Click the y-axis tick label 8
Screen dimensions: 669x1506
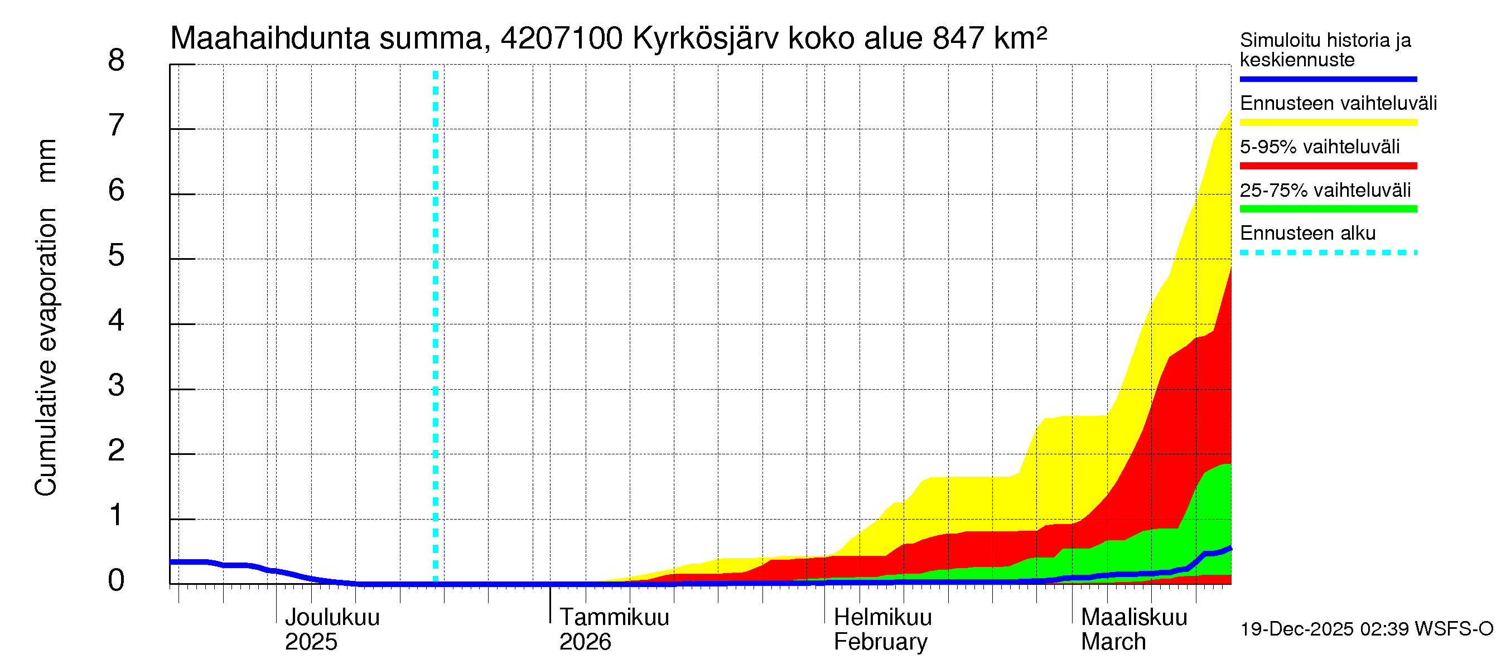[117, 61]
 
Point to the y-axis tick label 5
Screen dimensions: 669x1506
[117, 256]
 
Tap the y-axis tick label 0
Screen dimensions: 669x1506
[117, 581]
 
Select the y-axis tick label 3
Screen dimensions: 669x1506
[117, 386]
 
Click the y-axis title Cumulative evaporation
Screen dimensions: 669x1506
[46, 352]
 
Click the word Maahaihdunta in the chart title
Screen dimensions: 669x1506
[269, 38]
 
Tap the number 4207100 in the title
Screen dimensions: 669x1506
[562, 38]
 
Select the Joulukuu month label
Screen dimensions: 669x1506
[332, 618]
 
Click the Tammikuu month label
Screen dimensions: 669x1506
[614, 618]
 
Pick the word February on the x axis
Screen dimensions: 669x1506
[880, 642]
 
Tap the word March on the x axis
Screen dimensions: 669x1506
[1113, 642]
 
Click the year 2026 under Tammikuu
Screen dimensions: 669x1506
[585, 642]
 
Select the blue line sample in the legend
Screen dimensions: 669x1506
[1328, 79]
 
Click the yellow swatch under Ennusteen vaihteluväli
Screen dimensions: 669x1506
[1328, 123]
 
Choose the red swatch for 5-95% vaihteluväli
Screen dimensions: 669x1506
[1328, 166]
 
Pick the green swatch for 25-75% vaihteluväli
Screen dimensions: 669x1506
[1328, 209]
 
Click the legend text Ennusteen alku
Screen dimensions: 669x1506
[1308, 233]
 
